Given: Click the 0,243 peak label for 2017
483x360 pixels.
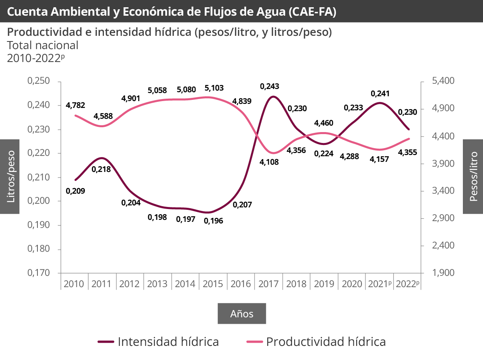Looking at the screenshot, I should (x=269, y=86).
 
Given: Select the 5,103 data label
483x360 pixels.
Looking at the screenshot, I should (x=214, y=88).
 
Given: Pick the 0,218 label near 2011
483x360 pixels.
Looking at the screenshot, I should (x=101, y=170).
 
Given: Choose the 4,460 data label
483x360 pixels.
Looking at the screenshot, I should (x=324, y=123).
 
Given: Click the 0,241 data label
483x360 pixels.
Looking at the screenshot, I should (x=380, y=93).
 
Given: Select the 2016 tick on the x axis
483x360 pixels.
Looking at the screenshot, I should (x=241, y=284).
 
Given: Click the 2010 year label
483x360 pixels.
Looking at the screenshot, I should (x=74, y=284).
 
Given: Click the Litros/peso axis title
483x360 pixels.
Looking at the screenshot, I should (x=10, y=176).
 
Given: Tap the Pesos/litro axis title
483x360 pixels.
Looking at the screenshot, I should (x=473, y=176).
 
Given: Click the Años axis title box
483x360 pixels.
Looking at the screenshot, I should (x=242, y=314).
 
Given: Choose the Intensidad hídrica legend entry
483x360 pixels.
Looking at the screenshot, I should (x=159, y=342).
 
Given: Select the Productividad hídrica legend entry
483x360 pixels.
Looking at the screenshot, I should (x=316, y=342).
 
